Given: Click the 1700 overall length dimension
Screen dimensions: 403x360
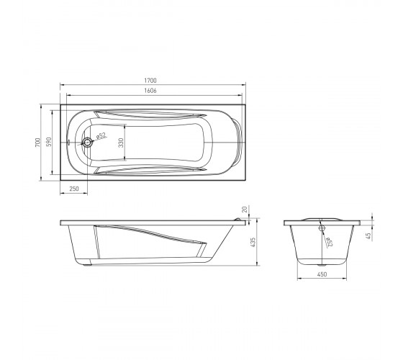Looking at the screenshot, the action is click(x=150, y=81).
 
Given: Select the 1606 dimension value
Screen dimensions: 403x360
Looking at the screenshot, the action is click(x=150, y=91).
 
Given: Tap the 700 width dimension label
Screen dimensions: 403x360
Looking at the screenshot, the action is click(x=37, y=143).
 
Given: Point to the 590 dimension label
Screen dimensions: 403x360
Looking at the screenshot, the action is click(x=49, y=142).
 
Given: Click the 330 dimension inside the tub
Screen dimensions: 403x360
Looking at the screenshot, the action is click(x=121, y=143).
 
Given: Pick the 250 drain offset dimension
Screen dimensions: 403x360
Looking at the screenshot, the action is click(x=74, y=189).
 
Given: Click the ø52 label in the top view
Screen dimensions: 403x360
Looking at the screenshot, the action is click(x=101, y=136).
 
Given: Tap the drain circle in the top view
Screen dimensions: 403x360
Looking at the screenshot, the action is click(x=87, y=143).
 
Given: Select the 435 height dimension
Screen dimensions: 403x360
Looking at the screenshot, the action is click(x=253, y=243).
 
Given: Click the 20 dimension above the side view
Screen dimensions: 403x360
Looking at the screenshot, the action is click(x=245, y=210).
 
